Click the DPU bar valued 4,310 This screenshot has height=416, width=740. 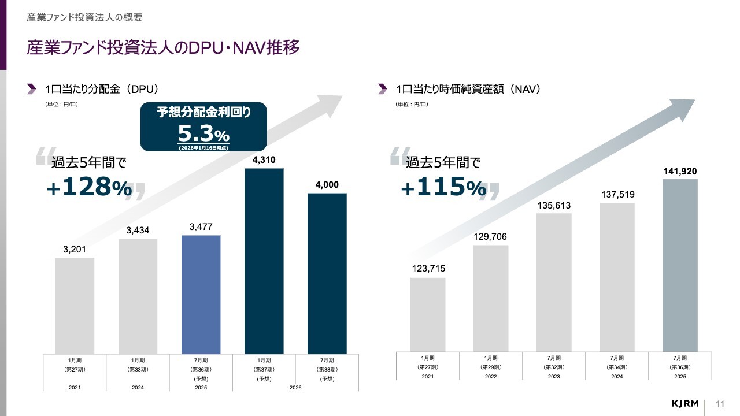point(264,261)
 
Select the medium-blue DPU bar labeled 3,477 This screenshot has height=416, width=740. point(201,294)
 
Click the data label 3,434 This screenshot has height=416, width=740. point(138,231)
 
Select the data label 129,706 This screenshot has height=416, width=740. point(491,237)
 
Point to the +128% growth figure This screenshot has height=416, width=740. point(90,187)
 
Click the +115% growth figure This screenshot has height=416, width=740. point(443,187)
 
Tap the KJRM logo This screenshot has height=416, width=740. point(685,403)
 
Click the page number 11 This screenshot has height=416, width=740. point(720,403)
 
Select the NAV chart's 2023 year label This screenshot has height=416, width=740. point(554,376)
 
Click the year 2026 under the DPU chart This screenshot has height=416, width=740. point(295,387)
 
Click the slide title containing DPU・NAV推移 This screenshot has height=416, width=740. point(163,48)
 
